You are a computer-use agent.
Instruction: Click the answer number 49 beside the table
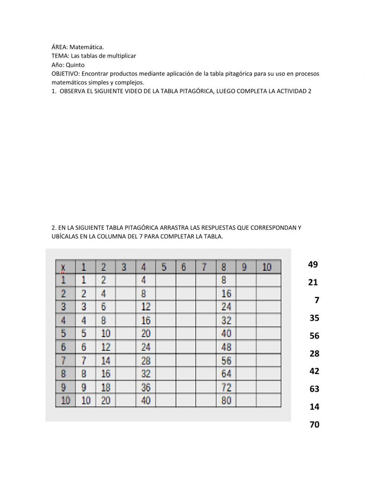(313, 265)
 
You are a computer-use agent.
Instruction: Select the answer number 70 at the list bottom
(314, 424)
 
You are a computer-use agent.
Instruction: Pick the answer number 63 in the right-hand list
(314, 389)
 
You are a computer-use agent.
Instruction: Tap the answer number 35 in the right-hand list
(314, 318)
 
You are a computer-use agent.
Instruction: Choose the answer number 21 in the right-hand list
(313, 282)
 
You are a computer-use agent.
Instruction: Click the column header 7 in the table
(204, 267)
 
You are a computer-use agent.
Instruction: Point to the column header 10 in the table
(267, 267)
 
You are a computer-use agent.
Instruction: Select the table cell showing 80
(226, 401)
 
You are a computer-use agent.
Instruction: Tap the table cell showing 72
(226, 387)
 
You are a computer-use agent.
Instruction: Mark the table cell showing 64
(226, 374)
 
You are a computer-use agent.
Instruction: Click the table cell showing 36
(146, 387)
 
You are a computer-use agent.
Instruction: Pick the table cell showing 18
(106, 387)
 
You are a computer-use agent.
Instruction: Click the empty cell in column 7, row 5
(206, 333)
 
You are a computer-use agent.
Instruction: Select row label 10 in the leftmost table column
(65, 401)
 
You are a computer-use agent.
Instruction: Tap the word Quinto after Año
(75, 65)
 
